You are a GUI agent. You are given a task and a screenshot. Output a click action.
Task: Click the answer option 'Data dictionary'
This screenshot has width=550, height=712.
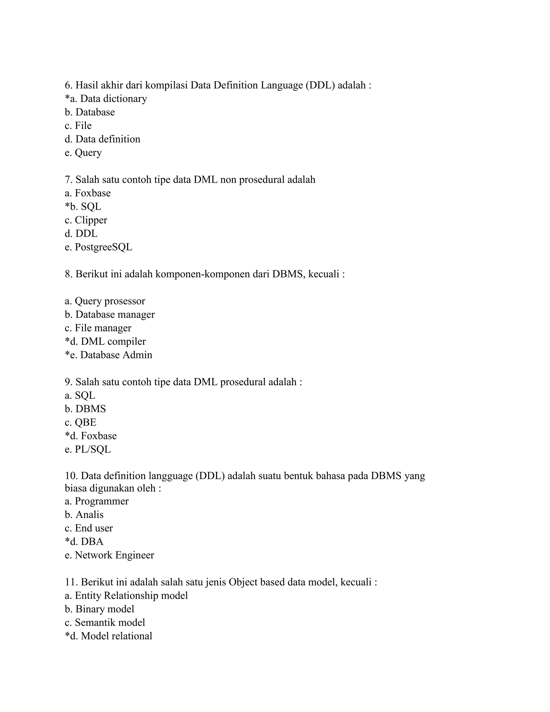(113, 98)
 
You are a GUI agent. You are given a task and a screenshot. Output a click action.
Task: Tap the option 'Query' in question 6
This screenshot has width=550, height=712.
(88, 153)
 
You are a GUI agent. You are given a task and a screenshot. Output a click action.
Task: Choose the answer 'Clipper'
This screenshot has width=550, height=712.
(91, 220)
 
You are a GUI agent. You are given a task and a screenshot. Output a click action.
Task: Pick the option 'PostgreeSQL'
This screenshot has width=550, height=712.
(103, 247)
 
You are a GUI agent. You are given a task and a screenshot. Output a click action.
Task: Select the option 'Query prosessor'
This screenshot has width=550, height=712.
(110, 301)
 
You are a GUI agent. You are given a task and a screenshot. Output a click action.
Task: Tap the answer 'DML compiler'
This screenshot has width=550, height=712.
(113, 341)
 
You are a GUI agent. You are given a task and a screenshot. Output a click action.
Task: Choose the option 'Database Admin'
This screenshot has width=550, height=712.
(116, 355)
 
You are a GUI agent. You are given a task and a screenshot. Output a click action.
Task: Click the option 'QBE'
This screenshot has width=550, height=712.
(85, 422)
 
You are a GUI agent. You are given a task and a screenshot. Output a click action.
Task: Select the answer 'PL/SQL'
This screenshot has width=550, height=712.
(93, 449)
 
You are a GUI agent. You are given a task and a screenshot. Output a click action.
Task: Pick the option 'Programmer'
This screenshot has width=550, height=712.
(102, 501)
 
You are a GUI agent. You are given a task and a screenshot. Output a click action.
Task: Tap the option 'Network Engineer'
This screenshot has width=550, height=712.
(114, 555)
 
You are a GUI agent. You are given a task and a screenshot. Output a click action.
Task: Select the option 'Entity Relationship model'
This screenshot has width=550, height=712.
(131, 596)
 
